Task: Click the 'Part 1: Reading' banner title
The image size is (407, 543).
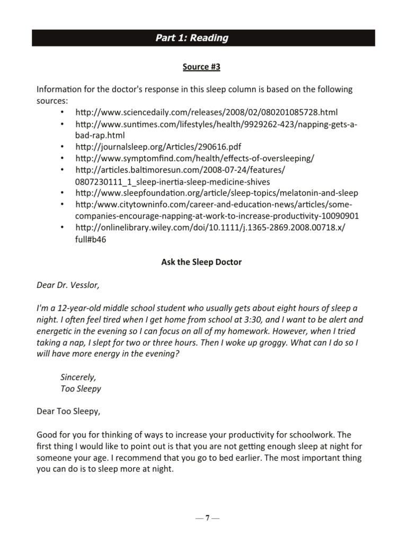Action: pos(191,38)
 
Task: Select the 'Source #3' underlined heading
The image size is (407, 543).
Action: pos(201,67)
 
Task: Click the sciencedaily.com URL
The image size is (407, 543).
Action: pos(206,112)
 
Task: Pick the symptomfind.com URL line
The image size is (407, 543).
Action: pos(194,158)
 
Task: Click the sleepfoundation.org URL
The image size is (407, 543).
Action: pos(217,192)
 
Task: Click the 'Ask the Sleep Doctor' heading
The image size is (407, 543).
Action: pos(201,262)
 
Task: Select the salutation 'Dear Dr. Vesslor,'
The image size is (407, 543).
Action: pos(68,285)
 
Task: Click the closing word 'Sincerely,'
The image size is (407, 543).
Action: pos(78,377)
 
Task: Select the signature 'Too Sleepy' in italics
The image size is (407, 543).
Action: pos(81,388)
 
